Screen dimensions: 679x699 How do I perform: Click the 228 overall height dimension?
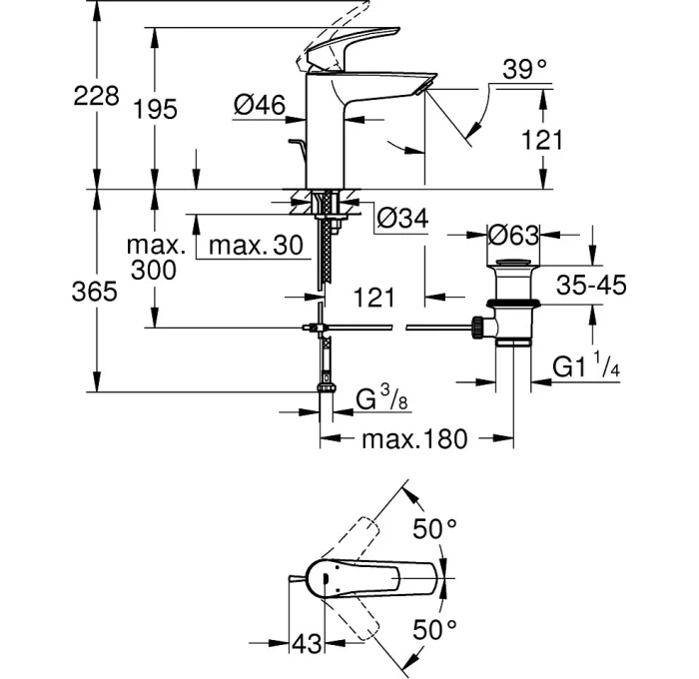pyautogui.click(x=97, y=97)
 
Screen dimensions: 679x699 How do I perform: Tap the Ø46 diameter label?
pyautogui.click(x=262, y=106)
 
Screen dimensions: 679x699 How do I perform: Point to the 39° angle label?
pyautogui.click(x=525, y=70)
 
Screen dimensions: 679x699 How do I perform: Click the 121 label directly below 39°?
pyautogui.click(x=543, y=140)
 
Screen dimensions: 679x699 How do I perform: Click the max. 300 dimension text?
pyautogui.click(x=154, y=258)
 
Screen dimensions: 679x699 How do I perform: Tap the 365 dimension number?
pyautogui.click(x=97, y=293)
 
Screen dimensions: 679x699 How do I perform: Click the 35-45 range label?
pyautogui.click(x=591, y=286)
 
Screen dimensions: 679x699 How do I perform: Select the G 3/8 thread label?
pyautogui.click(x=383, y=400)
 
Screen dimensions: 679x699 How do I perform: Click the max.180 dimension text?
pyautogui.click(x=414, y=439)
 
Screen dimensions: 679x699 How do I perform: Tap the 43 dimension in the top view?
pyautogui.click(x=309, y=644)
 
